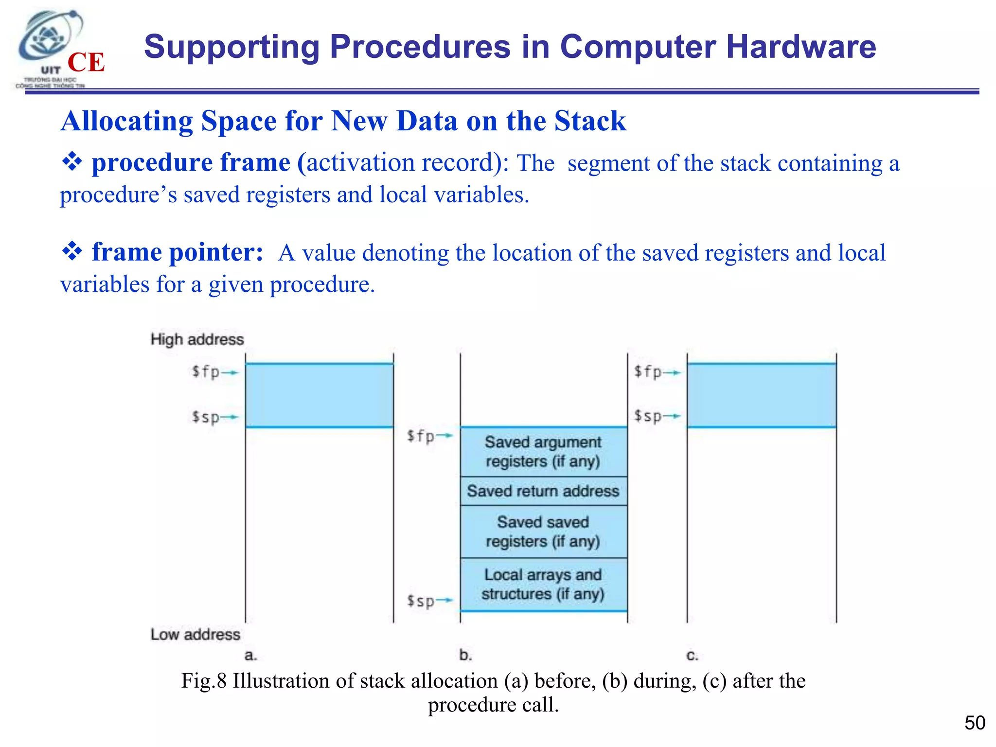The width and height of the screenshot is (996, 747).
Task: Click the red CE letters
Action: coord(86,63)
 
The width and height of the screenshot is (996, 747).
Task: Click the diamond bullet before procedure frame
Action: coord(72,162)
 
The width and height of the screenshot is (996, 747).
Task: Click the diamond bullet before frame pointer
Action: coord(72,251)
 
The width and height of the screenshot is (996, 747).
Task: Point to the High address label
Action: coord(197,339)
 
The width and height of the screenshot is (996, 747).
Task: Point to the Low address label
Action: coord(195,634)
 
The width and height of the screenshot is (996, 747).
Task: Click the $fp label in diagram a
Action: coord(206,372)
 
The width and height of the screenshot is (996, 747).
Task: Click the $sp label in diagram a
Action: coord(206,417)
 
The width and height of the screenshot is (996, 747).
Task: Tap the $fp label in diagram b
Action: coord(421,435)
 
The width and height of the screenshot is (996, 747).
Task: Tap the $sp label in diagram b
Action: coord(421,601)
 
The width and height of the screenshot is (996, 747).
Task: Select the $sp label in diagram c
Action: coord(648,416)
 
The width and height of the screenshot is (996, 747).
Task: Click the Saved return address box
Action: coord(543,491)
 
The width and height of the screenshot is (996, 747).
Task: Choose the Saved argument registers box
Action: coord(543,452)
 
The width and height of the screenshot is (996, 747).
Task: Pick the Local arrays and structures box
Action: coord(543,585)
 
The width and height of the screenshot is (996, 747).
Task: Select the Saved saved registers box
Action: coord(543,532)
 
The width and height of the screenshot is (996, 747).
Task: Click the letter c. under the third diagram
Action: coord(692,656)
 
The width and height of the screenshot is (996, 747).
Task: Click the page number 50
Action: coord(975,723)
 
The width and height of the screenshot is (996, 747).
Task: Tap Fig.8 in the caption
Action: coord(204,681)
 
